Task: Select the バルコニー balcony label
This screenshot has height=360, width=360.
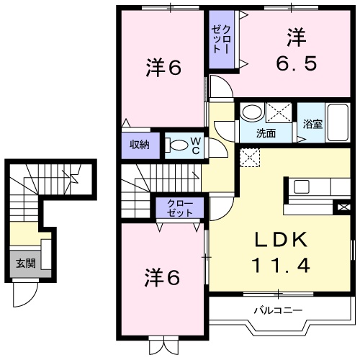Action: point(277,311)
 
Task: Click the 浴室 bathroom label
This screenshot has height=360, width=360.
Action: point(312,125)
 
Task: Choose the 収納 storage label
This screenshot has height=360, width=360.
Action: point(140,144)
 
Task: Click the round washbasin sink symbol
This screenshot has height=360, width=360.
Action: point(252,112)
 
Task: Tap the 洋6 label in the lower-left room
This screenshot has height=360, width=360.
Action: point(161,276)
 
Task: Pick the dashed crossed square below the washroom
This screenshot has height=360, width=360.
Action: point(250,157)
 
